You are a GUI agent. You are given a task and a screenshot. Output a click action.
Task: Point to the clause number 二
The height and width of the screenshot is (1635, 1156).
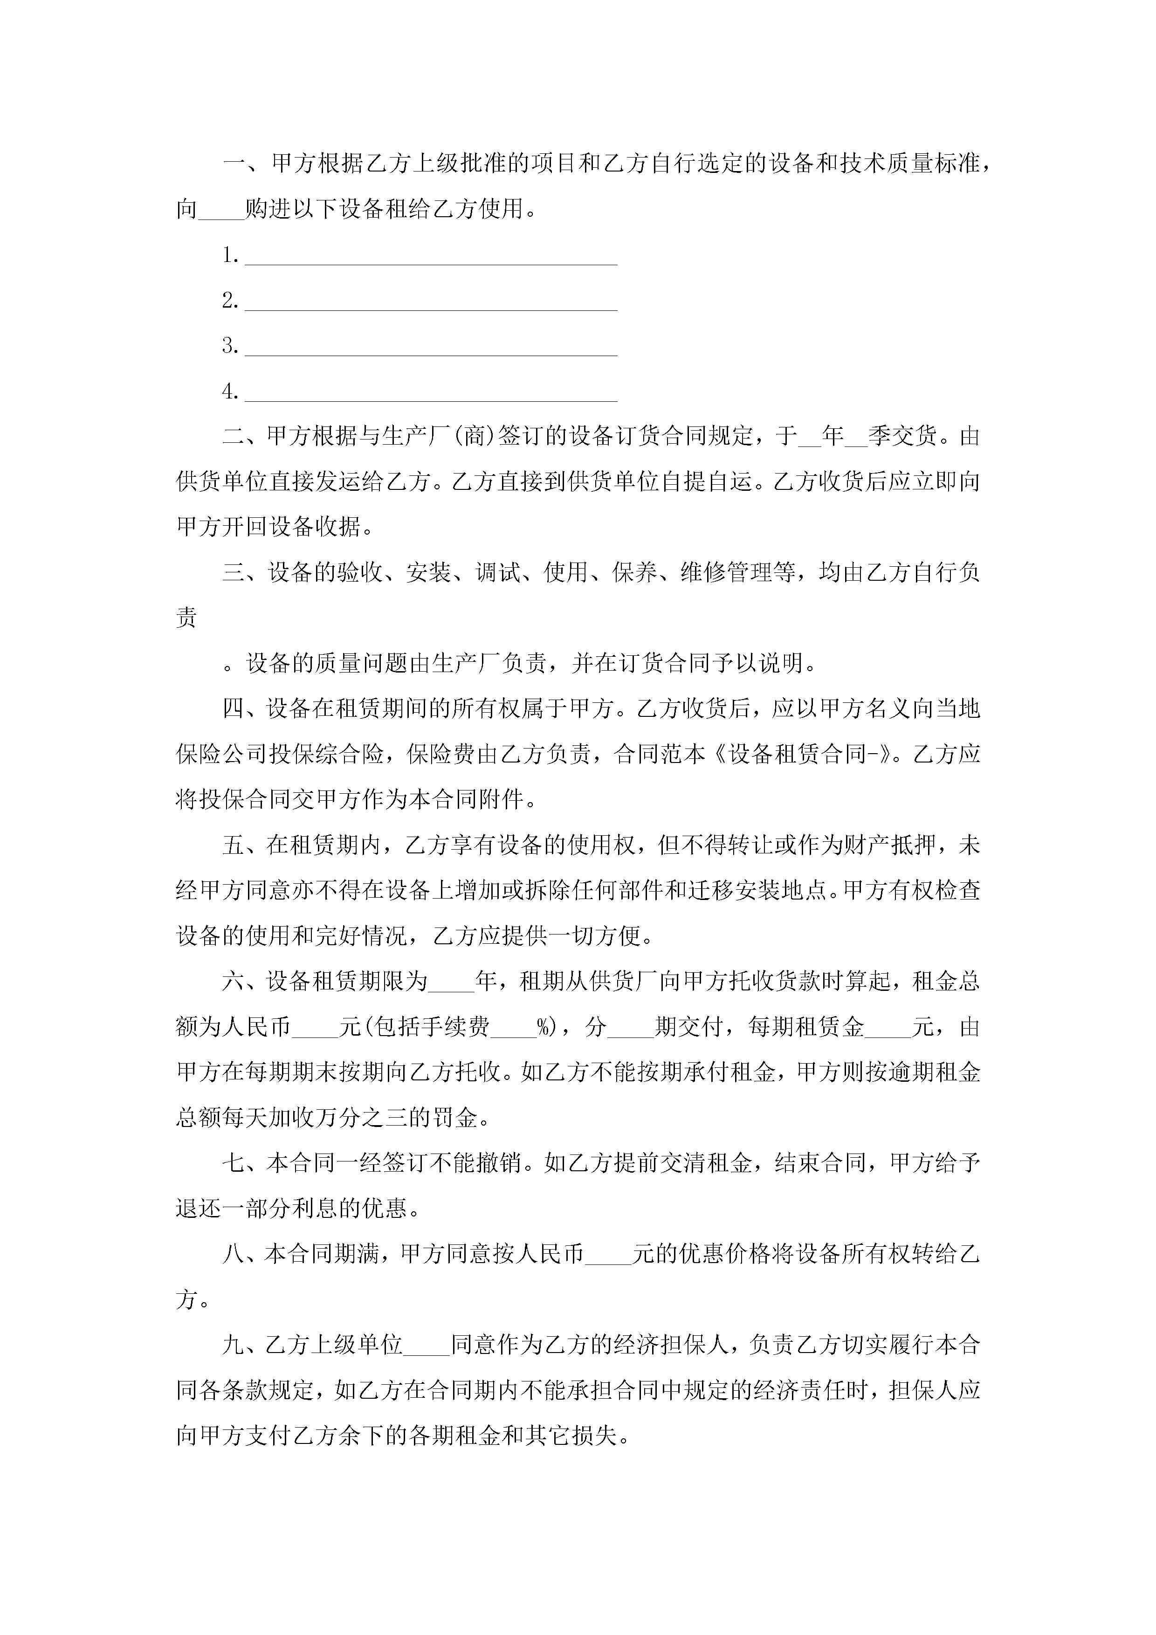tap(234, 436)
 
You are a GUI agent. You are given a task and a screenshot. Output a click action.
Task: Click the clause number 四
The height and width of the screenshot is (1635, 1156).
tap(234, 708)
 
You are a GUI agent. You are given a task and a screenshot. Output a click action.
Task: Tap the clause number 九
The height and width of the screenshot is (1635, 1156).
tap(234, 1345)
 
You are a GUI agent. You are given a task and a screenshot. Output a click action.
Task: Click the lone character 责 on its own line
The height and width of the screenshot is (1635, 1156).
tap(186, 618)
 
